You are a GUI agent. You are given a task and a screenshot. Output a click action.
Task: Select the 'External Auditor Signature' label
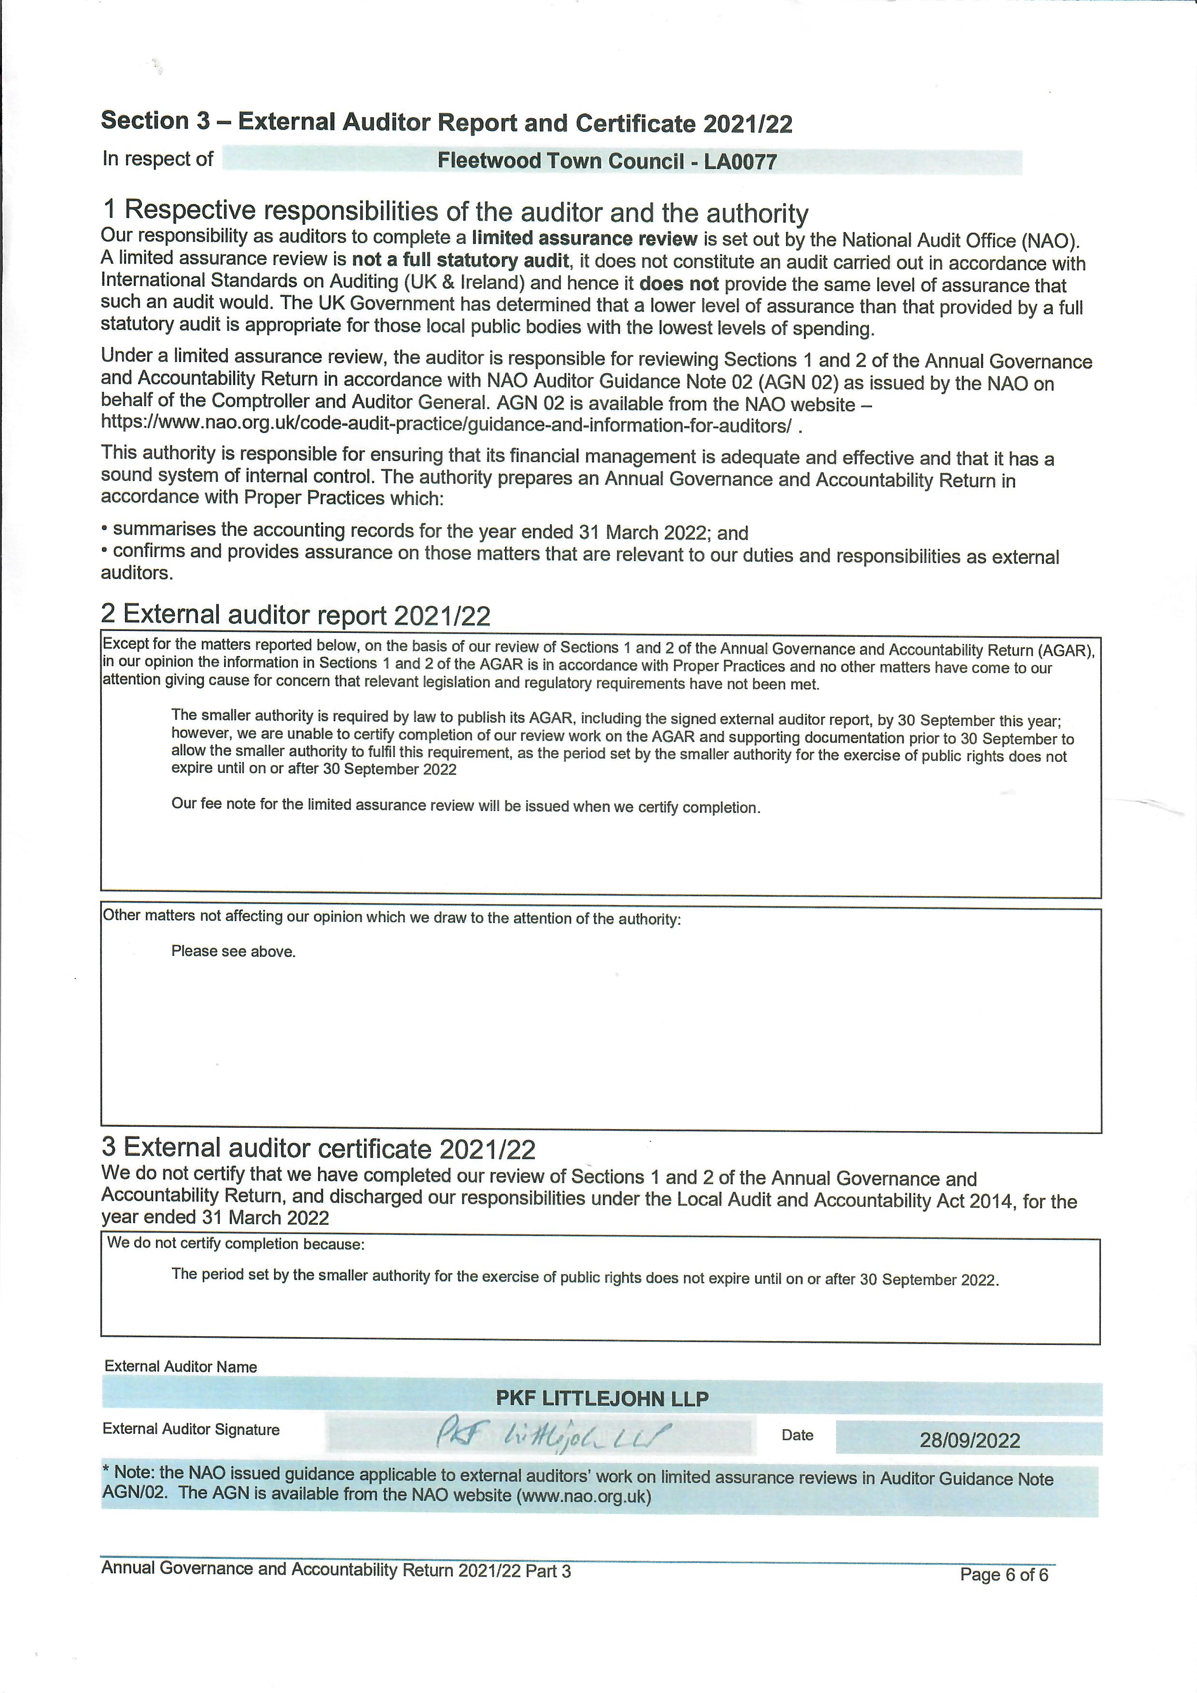(191, 1429)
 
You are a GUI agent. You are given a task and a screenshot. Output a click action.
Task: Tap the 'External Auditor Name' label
(181, 1366)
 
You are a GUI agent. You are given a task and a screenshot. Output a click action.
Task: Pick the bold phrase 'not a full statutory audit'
(460, 260)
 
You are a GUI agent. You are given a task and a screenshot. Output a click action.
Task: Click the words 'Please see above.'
(233, 951)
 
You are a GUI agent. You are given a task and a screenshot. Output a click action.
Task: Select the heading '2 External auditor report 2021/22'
(295, 614)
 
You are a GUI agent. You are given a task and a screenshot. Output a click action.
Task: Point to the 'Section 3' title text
(155, 120)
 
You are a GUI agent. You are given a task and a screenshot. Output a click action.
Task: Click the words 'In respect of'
(158, 158)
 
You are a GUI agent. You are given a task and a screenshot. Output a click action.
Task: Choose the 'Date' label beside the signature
(797, 1435)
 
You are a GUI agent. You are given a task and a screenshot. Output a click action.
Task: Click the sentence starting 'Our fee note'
(465, 805)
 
